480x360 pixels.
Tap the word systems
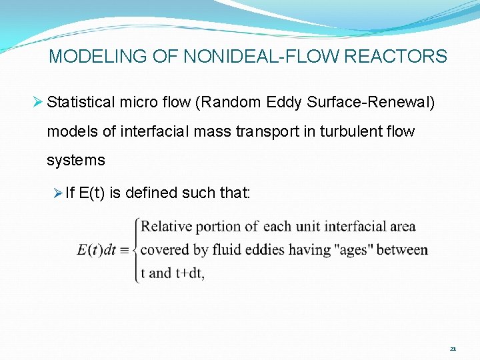pos(75,160)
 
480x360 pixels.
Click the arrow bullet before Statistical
pos(39,103)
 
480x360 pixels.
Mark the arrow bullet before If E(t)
pos(59,193)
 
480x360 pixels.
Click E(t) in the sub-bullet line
pos(92,193)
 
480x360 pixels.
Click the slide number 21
pos(453,349)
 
